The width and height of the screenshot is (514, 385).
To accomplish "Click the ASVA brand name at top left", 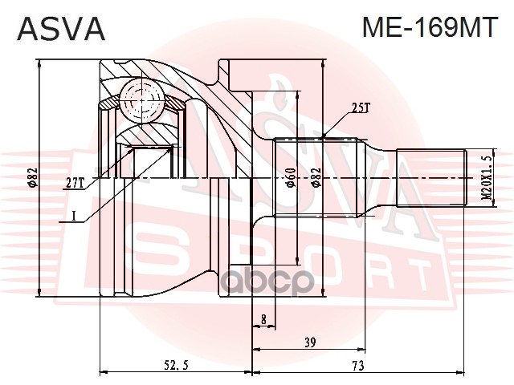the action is coord(61,29).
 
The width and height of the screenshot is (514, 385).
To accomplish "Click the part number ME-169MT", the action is coord(430,27).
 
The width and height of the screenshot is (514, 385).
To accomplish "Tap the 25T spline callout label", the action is coord(361,107).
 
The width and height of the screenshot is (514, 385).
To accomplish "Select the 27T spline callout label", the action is coord(75,184).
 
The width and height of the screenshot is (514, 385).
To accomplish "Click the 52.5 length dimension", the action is coord(176,365).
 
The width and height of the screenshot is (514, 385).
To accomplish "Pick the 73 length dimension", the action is coord(358,365).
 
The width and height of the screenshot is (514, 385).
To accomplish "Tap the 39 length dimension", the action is coord(310,342).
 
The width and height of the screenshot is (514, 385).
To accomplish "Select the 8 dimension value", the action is coord(264,319).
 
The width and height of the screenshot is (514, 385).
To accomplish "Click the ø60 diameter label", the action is coord(291,177).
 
